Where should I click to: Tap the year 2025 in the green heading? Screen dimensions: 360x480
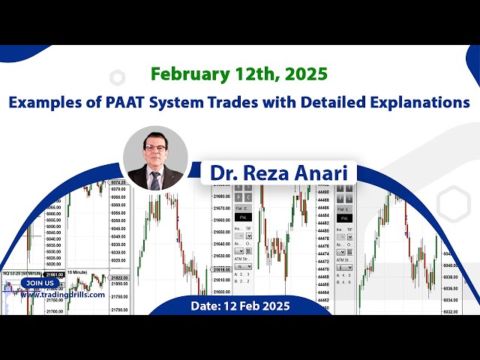(306, 74)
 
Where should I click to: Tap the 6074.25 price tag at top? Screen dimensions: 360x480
(118, 182)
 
